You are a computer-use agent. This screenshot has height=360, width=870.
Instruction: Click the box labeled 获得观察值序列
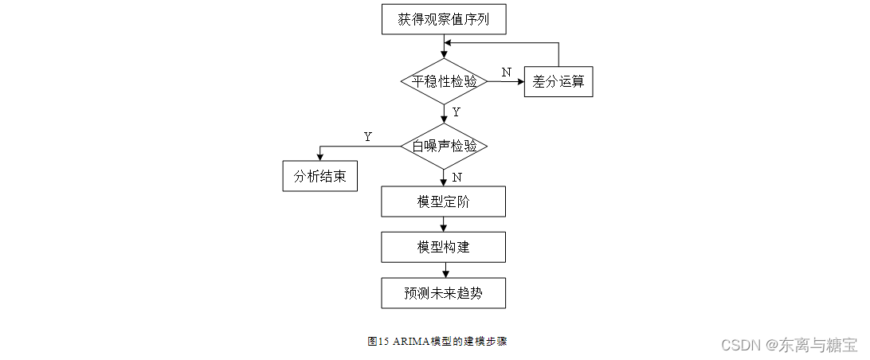point(443,19)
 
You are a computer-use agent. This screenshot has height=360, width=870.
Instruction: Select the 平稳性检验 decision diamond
point(444,81)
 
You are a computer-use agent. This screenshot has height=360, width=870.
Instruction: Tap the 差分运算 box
point(558,81)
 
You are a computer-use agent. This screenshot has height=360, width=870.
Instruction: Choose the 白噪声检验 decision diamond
point(444,147)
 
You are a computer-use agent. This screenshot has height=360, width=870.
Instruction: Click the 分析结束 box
point(319,176)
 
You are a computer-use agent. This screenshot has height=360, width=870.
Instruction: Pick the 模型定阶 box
point(443,202)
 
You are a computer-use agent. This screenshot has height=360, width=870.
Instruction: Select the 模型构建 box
point(443,247)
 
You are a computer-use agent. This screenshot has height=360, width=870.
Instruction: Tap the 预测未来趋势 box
point(443,293)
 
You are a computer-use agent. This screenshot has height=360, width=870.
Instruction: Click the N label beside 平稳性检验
point(506,72)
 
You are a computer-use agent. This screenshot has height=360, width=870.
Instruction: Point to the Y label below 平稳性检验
point(456,112)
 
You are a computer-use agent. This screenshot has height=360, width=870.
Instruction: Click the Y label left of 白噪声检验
point(367,137)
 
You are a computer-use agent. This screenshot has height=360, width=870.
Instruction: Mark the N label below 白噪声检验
point(456,177)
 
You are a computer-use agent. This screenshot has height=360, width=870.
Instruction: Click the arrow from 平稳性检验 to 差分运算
point(505,81)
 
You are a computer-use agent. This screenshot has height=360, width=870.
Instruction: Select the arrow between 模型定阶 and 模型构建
point(444,224)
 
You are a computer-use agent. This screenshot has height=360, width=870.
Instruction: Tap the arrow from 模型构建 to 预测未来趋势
point(444,270)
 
